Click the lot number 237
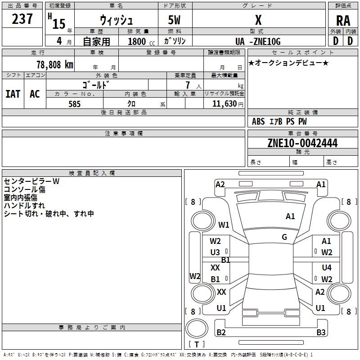point(22,19)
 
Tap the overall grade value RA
point(343,21)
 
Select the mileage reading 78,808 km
point(55,64)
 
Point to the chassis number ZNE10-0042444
point(302,143)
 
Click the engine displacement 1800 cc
point(141,41)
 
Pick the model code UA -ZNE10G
point(258,41)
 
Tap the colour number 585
point(74,104)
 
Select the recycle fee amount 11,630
point(225,104)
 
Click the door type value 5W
point(174,20)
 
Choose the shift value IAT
point(13,94)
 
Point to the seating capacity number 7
point(188,85)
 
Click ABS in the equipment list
point(258,121)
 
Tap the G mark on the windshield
point(284,237)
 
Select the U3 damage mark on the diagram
point(215,252)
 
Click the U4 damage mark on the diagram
point(327,267)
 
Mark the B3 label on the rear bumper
point(321,332)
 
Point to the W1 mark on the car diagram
point(224,225)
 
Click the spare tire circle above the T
point(197,328)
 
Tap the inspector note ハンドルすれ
point(24,206)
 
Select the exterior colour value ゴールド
point(95,85)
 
